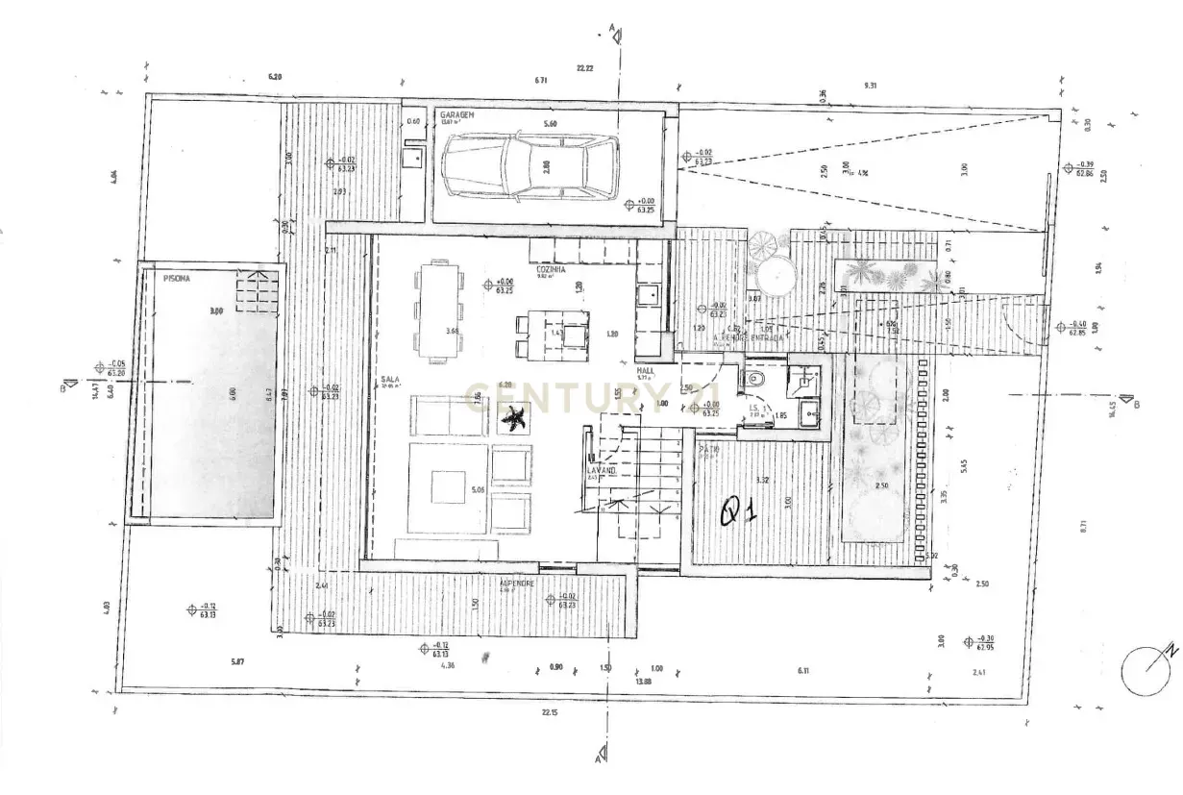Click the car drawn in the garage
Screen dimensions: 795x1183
coord(530,166)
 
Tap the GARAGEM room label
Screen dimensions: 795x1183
coord(456,113)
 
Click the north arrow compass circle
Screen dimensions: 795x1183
coord(1146,669)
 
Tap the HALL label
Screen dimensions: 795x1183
coord(646,369)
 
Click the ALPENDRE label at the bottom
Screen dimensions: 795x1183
coord(517,583)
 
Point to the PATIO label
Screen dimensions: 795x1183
coord(709,449)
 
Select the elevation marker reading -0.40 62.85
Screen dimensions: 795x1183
coord(1074,328)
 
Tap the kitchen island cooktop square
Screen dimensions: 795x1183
coord(575,335)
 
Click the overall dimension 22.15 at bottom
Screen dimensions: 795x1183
coord(550,711)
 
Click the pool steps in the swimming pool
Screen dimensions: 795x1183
coord(257,289)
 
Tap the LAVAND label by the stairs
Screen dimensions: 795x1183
coord(593,472)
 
